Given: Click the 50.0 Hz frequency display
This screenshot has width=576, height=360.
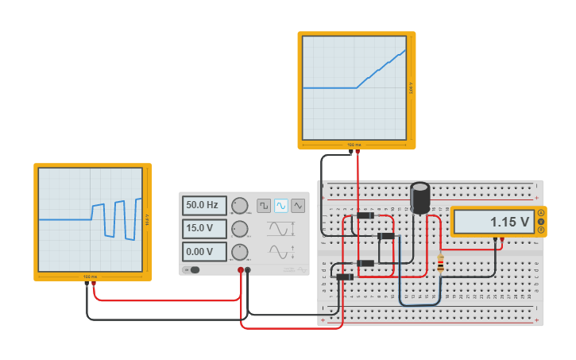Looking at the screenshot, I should [x=204, y=205].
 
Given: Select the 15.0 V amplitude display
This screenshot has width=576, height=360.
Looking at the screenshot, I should [x=204, y=229].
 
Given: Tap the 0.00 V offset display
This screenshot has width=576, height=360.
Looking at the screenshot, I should [x=204, y=252].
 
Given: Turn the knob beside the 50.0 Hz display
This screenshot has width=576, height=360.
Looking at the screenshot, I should [x=239, y=206].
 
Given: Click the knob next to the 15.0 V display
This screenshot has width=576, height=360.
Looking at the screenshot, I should [x=239, y=230].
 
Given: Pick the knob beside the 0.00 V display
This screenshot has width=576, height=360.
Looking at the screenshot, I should [x=239, y=253].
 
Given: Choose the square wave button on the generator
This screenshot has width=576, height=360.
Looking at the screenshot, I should [x=264, y=206].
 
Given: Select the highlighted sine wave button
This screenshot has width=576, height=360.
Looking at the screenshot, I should [x=281, y=206].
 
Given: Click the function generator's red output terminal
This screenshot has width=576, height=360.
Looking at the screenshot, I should [x=241, y=270].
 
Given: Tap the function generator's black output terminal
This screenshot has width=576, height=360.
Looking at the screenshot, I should [x=248, y=270].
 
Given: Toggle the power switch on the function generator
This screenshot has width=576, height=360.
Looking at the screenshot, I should [x=192, y=270].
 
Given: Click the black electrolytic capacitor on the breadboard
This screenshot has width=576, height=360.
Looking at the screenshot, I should [x=420, y=198].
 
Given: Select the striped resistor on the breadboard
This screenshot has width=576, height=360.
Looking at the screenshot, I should [x=440, y=263].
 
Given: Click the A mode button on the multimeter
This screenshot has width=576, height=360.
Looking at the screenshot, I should [x=541, y=212].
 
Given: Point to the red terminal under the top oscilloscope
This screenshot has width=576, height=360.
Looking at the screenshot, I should [x=358, y=151].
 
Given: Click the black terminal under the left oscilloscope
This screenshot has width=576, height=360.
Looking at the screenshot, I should [x=87, y=283].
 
